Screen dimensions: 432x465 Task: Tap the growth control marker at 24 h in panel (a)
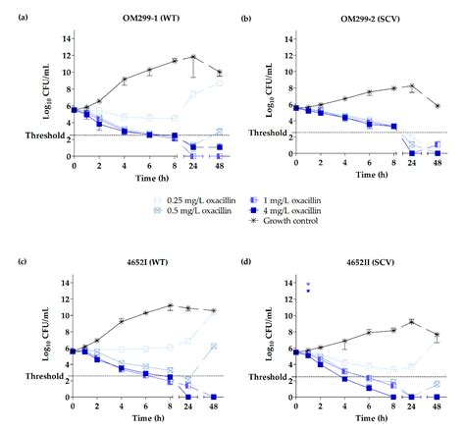(x=195, y=57)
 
